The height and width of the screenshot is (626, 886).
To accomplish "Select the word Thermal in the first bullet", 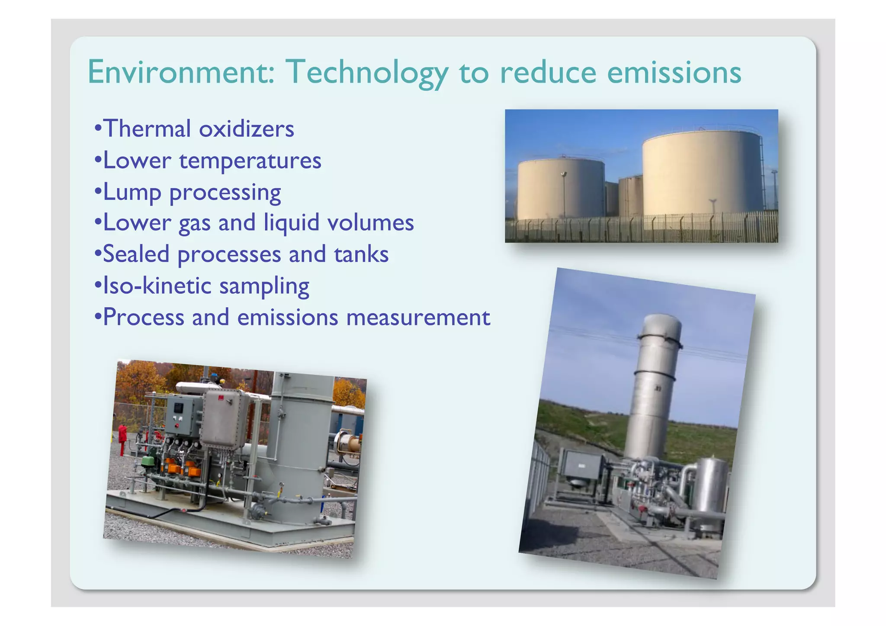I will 147,128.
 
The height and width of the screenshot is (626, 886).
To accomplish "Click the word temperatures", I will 250,161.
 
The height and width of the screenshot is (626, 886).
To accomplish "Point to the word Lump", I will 132,192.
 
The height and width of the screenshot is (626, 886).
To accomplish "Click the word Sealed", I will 136,254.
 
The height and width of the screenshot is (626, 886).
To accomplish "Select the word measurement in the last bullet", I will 418,317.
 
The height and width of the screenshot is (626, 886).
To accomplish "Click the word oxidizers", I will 246,128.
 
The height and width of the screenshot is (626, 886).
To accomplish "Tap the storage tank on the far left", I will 561,189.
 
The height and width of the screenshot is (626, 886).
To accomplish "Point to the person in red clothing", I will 122,438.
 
